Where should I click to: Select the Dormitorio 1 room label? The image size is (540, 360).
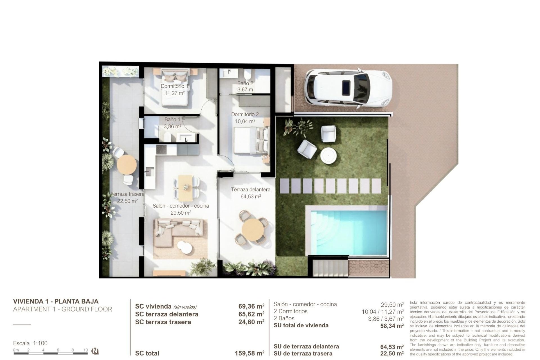coord(174,86)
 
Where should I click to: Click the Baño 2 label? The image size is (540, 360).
coord(245,83)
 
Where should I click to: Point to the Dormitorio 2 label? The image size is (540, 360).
coord(245,114)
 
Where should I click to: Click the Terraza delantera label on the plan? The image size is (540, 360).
coord(251,190)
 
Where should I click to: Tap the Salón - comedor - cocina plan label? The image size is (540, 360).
coord(181,206)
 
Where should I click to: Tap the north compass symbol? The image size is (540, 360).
coord(95,351)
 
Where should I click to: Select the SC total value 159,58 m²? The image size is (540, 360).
coord(249,353)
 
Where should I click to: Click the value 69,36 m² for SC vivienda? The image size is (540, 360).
coord(251,306)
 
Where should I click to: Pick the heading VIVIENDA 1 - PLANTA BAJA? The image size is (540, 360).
coord(56,301)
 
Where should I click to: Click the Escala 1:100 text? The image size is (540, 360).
coord(30,343)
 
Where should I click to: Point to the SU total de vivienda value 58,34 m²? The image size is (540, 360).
coord(392,326)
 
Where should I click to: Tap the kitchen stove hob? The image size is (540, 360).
coord(161,149)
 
